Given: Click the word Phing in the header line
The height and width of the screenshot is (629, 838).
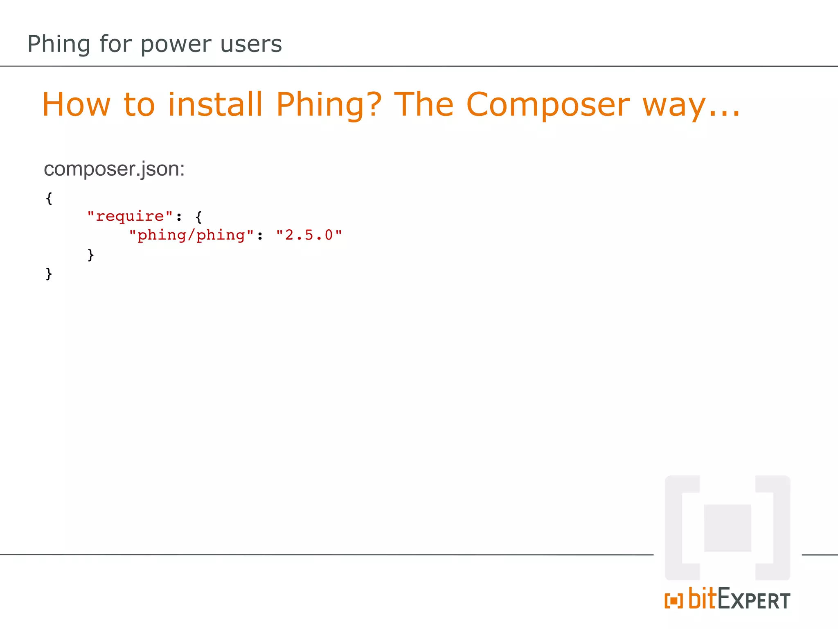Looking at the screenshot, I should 59,44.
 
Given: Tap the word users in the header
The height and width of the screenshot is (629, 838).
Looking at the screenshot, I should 251,44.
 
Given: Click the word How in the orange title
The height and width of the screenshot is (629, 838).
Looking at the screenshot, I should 77,105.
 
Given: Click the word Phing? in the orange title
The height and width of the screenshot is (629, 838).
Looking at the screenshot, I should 329,105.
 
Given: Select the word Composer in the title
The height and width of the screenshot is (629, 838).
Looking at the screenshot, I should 548,105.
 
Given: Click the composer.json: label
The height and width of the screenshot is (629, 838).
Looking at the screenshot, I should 114,169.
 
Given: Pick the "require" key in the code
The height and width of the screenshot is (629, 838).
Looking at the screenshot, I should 130,216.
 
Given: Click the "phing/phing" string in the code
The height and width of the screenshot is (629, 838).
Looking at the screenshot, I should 191,235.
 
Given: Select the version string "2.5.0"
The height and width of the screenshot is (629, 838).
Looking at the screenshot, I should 309,235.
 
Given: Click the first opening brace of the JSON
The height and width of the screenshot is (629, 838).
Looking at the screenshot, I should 49,198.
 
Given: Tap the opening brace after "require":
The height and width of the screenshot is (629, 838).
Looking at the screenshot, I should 199,217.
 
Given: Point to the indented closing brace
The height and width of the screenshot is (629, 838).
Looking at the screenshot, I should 91,255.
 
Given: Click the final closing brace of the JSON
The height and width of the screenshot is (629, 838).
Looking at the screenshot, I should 49,274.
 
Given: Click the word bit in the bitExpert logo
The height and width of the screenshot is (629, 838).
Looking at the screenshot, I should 702,598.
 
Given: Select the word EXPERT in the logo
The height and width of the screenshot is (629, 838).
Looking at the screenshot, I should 754,600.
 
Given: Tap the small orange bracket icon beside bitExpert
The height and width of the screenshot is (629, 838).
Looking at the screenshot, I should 674,601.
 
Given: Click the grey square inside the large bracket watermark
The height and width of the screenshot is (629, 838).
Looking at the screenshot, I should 728,528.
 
